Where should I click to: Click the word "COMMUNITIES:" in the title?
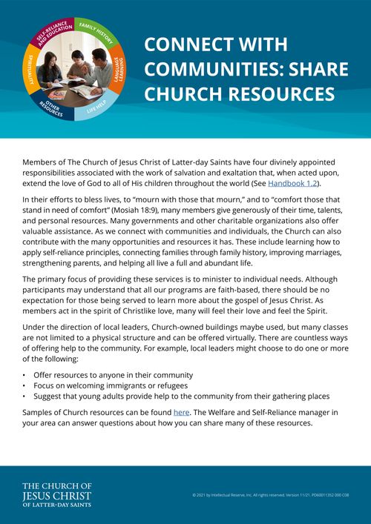tap(199, 69)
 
